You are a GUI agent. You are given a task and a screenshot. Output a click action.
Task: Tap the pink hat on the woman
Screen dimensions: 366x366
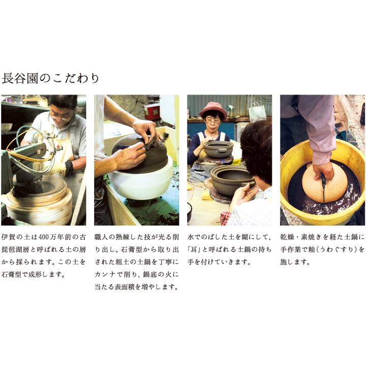click(212, 109)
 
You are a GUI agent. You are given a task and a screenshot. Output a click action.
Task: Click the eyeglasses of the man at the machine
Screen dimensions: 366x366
click(60, 115)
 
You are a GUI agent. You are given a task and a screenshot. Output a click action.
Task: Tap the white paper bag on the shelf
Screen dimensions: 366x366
click(257, 111)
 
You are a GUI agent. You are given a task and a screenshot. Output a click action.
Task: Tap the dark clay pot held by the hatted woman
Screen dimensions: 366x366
click(218, 148)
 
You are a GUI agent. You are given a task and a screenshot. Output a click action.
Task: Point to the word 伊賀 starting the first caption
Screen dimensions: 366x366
click(9, 237)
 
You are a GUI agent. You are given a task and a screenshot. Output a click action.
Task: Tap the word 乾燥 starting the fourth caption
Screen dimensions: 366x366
click(287, 237)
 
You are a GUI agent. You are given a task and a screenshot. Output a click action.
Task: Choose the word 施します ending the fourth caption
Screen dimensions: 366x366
click(295, 263)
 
